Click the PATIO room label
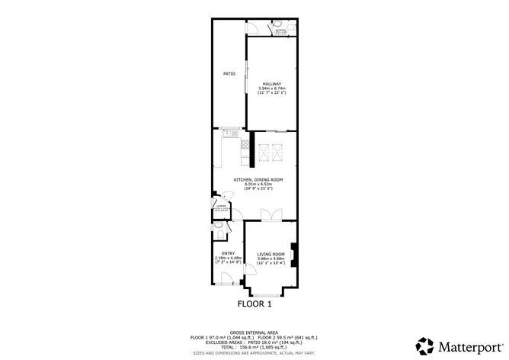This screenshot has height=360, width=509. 229,74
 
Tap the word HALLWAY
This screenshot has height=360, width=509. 272,84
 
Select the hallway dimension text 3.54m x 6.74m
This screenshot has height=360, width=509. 272,88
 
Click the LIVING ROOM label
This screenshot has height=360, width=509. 271,254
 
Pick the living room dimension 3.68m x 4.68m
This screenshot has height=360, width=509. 271,259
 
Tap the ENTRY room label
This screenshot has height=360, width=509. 228,253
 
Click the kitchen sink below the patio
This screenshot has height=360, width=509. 228,134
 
